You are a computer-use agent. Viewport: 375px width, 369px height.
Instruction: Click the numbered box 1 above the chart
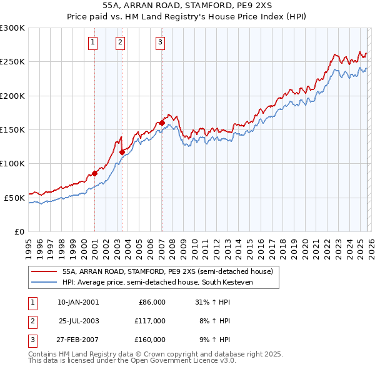[x=92, y=43]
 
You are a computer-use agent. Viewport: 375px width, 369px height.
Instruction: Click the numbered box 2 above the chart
[x=120, y=43]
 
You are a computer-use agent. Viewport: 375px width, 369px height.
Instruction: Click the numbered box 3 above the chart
[x=160, y=43]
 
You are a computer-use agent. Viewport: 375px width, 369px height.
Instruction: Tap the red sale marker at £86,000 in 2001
[x=94, y=173]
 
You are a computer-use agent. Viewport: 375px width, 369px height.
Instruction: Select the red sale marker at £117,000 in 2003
[x=122, y=152]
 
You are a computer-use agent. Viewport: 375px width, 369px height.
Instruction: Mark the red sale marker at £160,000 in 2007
[x=162, y=123]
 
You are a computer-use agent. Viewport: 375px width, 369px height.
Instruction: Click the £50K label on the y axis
[x=14, y=198]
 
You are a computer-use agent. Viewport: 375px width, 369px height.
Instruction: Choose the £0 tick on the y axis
[x=19, y=231]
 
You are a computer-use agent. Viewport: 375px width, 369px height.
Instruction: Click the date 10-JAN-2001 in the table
[x=78, y=302]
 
